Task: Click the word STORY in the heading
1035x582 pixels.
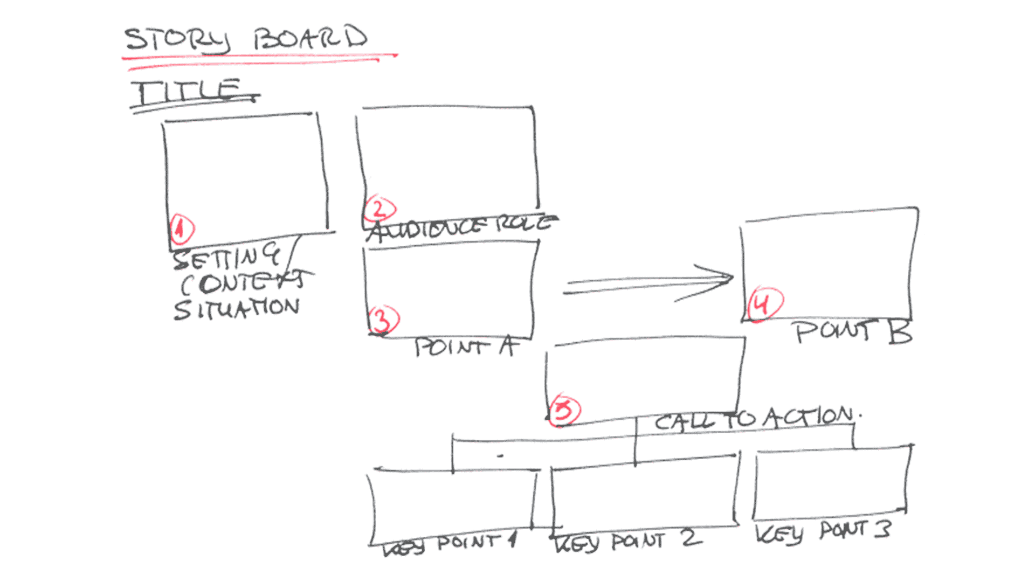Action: click(x=177, y=40)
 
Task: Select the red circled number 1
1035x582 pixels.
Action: click(x=182, y=229)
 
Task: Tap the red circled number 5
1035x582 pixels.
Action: click(x=564, y=411)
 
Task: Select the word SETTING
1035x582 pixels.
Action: click(x=226, y=257)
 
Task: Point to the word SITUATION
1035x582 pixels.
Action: click(x=236, y=309)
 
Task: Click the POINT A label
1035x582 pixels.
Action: click(x=466, y=347)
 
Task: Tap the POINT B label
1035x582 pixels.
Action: click(x=853, y=331)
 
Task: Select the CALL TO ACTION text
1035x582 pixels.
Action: click(x=755, y=418)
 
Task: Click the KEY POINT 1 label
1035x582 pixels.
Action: click(x=450, y=544)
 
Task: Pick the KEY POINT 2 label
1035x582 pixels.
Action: click(x=628, y=541)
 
